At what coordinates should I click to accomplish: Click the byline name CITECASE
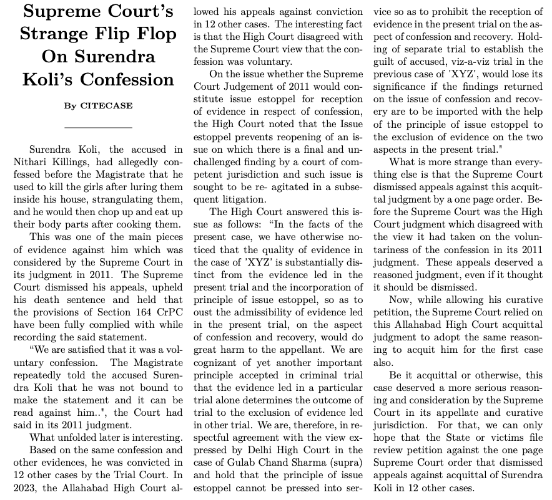[106, 105]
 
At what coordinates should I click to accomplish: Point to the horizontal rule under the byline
[98, 127]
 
